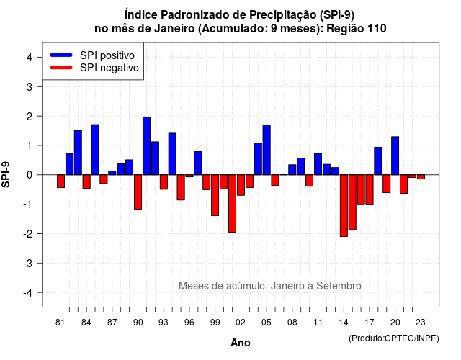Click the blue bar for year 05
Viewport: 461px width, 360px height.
pyautogui.click(x=267, y=150)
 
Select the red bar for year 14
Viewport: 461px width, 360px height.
pyautogui.click(x=344, y=205)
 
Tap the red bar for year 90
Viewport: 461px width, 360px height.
pyautogui.click(x=138, y=192)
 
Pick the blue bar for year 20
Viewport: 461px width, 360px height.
pyautogui.click(x=395, y=156)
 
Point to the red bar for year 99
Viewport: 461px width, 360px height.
pyautogui.click(x=215, y=195)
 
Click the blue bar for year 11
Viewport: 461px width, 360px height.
pyautogui.click(x=318, y=164)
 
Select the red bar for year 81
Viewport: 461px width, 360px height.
pyautogui.click(x=61, y=181)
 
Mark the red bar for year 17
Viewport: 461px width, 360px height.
pyautogui.click(x=370, y=190)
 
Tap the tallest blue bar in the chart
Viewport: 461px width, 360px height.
pyautogui.click(x=147, y=146)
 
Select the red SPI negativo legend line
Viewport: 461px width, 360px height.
pyautogui.click(x=61, y=68)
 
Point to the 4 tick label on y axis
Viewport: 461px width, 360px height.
pyautogui.click(x=30, y=57)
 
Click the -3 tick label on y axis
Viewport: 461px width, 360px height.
pyautogui.click(x=27, y=263)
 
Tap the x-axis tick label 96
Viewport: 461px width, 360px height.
pyautogui.click(x=189, y=323)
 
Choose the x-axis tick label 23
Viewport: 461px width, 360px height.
pyautogui.click(x=421, y=323)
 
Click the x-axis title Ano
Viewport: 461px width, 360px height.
pyautogui.click(x=241, y=343)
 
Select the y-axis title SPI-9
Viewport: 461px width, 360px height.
pyautogui.click(x=6, y=174)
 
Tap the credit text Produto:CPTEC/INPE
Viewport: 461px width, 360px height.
pyautogui.click(x=394, y=338)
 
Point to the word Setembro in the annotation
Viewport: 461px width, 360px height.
pyautogui.click(x=339, y=286)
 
